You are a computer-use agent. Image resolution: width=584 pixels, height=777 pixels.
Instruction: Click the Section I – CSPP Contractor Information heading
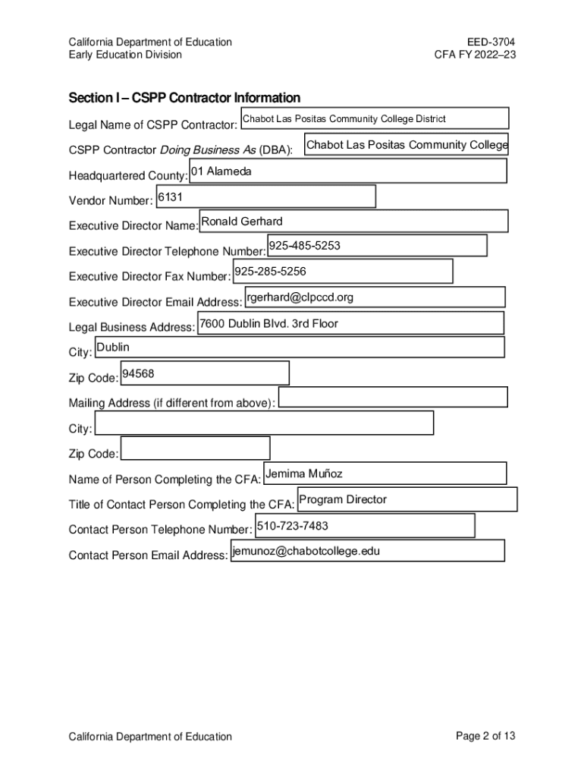184,98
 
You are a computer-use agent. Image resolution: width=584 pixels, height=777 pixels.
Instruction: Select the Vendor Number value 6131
169,197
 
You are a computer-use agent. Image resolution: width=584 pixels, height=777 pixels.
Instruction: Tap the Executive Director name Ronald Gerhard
241,222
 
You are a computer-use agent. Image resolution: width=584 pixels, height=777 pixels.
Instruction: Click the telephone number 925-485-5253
304,246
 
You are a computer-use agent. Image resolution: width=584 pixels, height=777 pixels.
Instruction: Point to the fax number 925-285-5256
270,271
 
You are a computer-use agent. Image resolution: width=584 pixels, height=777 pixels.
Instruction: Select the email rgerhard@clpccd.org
300,297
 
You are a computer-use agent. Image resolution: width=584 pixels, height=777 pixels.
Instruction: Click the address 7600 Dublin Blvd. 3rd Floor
268,323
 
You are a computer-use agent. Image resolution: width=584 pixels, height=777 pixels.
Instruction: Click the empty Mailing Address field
392,397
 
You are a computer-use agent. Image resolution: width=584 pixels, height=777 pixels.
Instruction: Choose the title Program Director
343,499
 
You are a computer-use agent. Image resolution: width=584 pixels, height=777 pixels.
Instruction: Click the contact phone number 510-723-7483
293,525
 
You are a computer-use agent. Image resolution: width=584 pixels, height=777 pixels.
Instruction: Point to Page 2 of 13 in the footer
485,736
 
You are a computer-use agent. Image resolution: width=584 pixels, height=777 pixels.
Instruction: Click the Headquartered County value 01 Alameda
221,171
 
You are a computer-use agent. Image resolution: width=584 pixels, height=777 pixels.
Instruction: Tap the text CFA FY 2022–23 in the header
475,55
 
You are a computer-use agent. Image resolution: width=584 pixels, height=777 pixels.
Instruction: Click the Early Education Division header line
125,55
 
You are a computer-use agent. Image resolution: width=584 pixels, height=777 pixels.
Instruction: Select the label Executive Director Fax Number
149,277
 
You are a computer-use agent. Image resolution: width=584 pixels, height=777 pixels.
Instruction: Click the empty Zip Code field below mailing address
195,448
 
